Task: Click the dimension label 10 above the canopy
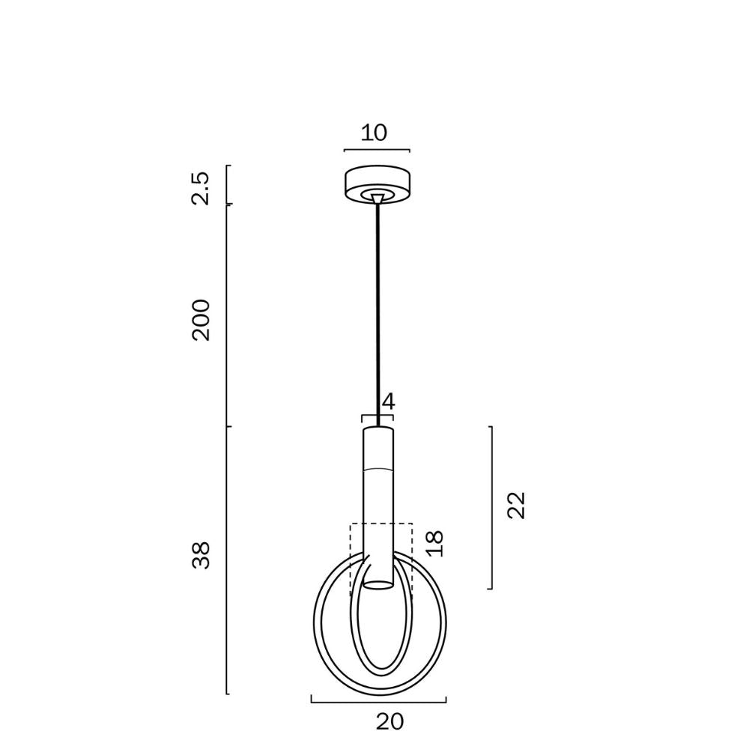click(374, 133)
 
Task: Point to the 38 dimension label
click(201, 555)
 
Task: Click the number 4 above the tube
click(389, 401)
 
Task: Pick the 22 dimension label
click(516, 506)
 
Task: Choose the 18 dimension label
click(434, 544)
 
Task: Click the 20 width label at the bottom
click(389, 722)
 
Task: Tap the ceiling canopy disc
click(377, 185)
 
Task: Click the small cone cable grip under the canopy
click(377, 198)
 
